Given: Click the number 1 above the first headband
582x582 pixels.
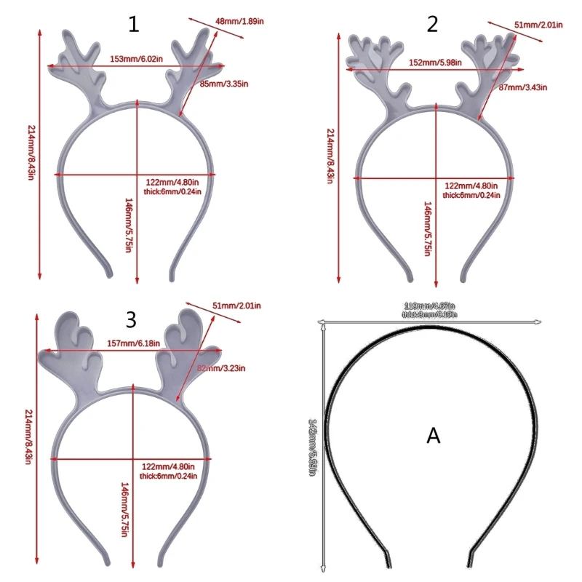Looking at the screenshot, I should pos(133,25).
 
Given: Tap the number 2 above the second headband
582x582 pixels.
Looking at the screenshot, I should pos(432,25).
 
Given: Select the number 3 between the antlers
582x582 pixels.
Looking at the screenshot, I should pos(131,319).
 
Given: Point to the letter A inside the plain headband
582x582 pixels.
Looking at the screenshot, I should pos(434,436).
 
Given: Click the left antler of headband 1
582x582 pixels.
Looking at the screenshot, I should pos(80,69).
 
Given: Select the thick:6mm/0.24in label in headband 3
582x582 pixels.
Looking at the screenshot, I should pos(164,476).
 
